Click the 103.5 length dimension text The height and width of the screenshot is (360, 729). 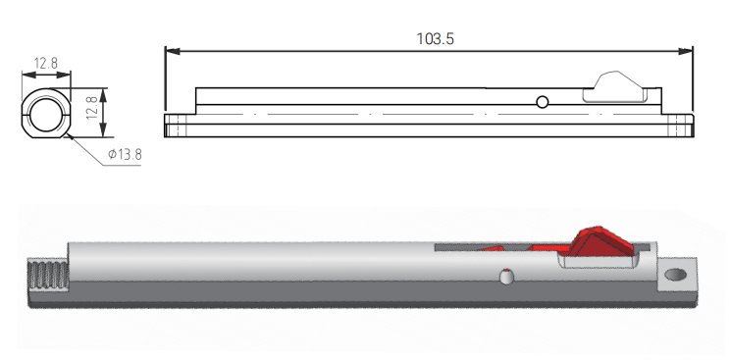[x=435, y=39]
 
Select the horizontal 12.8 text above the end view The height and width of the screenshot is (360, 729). [x=45, y=63]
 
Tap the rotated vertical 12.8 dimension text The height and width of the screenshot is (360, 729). [x=92, y=108]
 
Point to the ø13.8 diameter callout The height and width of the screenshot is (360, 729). [x=125, y=154]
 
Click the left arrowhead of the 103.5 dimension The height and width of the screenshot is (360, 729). [x=172, y=51]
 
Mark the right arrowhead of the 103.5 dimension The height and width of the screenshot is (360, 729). [x=686, y=51]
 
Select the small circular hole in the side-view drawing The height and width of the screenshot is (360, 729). [x=543, y=102]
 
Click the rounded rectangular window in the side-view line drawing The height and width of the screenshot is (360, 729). [x=615, y=95]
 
